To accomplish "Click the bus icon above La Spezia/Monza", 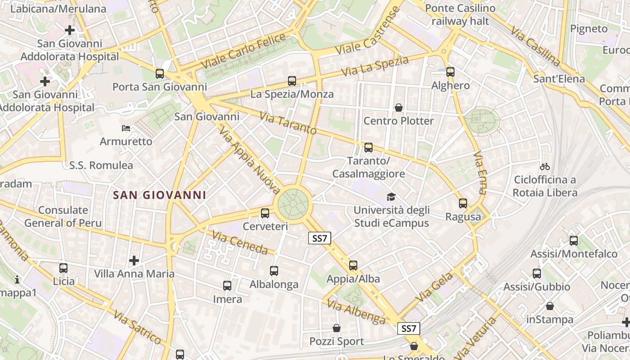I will [x=292, y=81].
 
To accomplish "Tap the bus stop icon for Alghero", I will [x=450, y=72].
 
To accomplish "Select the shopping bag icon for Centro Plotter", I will [x=399, y=108].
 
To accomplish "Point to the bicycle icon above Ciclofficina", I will [x=545, y=166].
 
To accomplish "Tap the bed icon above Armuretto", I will [x=126, y=128].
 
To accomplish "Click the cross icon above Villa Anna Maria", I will [x=134, y=261].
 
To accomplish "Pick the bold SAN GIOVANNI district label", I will [x=160, y=195].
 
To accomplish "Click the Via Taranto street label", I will [x=288, y=124].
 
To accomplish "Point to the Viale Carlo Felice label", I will [x=243, y=51].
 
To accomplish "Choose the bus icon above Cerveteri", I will [x=265, y=213].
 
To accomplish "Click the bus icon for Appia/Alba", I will [x=353, y=265].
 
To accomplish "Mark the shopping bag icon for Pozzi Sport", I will [x=337, y=328].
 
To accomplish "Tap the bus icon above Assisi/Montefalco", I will [x=574, y=241].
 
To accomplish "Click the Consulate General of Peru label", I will [x=63, y=216].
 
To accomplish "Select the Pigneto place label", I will [x=589, y=29].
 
